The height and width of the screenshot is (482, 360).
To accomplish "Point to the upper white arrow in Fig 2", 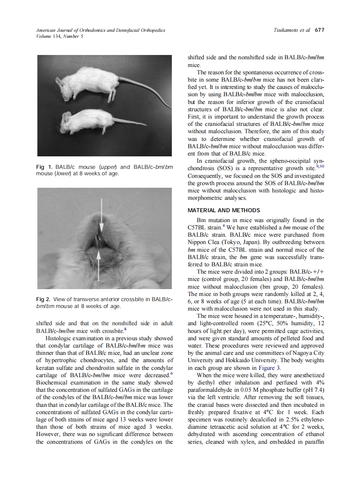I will pos(101,214).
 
